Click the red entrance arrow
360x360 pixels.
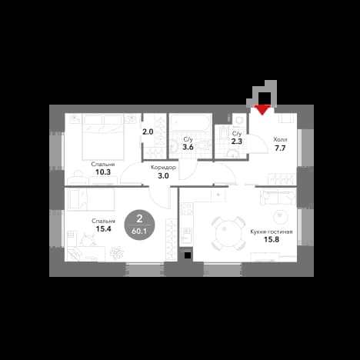coord(262,109)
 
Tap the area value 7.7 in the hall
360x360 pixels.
coord(280,148)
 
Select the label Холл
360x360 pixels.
coord(280,140)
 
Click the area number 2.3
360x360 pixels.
coord(237,141)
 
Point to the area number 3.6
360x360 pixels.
coord(188,147)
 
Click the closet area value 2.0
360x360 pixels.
coord(148,132)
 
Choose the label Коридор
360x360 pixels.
coord(163,168)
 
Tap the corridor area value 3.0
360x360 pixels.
coord(163,176)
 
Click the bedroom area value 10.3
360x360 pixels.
coord(103,172)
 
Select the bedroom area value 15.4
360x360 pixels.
coord(103,228)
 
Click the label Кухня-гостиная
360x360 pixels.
coord(272,232)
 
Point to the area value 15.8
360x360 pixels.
coord(272,239)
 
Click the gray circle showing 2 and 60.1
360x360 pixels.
coord(139,225)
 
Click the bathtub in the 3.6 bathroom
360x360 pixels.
coord(191,122)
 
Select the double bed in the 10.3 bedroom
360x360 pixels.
coord(103,137)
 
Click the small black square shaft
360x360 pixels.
coord(188,255)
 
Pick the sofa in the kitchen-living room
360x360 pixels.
coord(278,197)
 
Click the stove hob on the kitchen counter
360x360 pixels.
coord(187,208)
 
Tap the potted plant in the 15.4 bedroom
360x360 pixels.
coord(117,253)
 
